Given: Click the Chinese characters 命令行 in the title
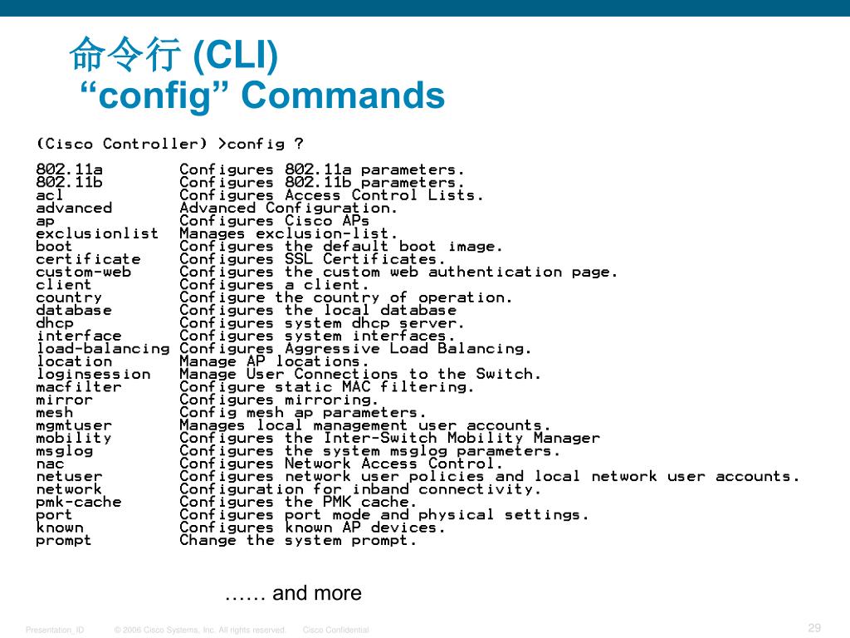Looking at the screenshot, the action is tap(125, 56).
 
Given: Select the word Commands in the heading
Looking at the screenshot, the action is tap(343, 96).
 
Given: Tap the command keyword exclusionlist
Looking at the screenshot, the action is tap(96, 233).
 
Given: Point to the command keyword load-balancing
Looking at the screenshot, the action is tap(102, 349).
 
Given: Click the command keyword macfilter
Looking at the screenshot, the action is tap(78, 387).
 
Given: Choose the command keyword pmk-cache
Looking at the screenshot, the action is tap(78, 502).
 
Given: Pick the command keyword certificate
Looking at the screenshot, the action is tap(88, 259).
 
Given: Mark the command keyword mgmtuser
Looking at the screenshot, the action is tap(73, 425).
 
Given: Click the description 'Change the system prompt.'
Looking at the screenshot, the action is tap(298, 540).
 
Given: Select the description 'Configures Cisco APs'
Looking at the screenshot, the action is tap(274, 221).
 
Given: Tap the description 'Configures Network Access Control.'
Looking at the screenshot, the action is tap(341, 464).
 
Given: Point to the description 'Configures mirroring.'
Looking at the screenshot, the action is tap(279, 400).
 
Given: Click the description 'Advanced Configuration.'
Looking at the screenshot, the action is tap(288, 208).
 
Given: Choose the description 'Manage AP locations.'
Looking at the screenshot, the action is tap(274, 361).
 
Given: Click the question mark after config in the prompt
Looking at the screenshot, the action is tap(299, 144).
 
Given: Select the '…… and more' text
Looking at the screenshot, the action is tap(293, 593).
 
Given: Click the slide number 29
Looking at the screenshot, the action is tap(813, 627).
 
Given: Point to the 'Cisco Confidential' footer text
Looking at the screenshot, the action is tap(336, 631).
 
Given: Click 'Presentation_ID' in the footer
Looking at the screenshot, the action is tap(55, 631).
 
